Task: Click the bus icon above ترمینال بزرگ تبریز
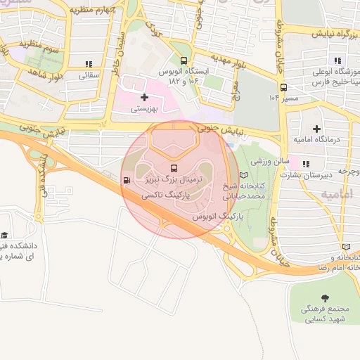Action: [x=174, y=169]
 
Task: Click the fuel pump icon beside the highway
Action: [x=126, y=180]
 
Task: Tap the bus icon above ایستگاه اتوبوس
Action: [x=184, y=61]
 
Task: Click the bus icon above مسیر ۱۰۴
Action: [x=283, y=87]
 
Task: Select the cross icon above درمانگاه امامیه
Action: [x=316, y=128]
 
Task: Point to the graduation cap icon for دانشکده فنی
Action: [x=5, y=235]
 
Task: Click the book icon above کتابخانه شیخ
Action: [x=244, y=175]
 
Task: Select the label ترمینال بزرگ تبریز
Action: [x=174, y=180]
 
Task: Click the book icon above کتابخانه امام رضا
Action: [x=345, y=247]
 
